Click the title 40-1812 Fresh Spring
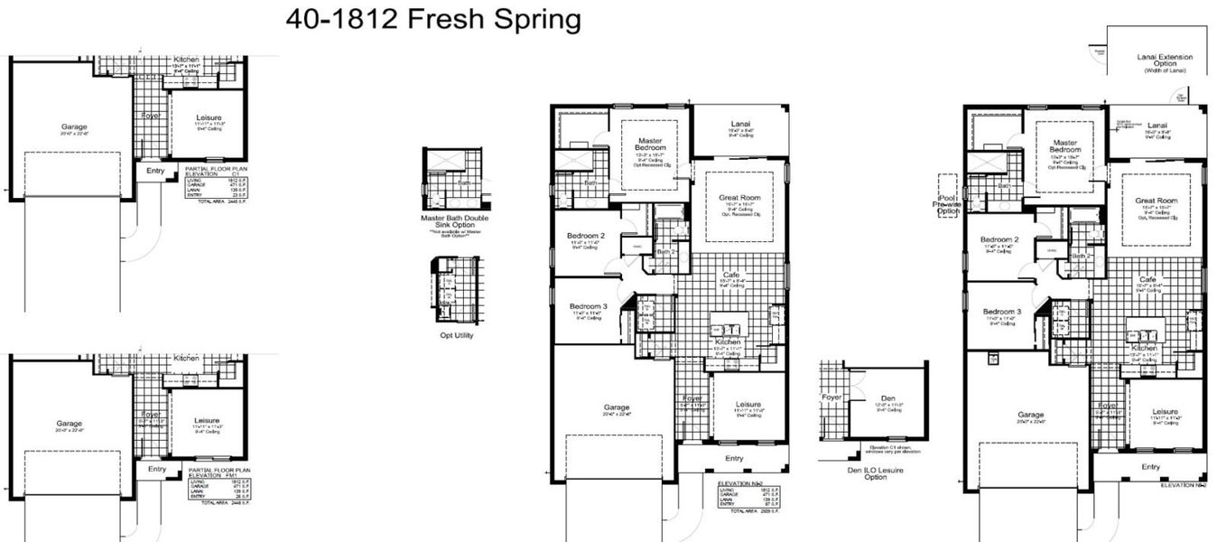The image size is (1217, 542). [432, 20]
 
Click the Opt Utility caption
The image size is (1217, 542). [456, 335]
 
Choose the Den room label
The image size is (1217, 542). [887, 396]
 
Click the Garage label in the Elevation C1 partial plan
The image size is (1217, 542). [74, 126]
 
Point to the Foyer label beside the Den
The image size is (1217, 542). [831, 397]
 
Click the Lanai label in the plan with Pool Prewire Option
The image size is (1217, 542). [1157, 125]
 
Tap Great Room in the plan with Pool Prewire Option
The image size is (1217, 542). [1157, 201]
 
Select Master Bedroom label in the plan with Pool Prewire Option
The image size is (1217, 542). [1065, 147]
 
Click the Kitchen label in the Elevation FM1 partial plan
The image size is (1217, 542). [187, 358]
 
